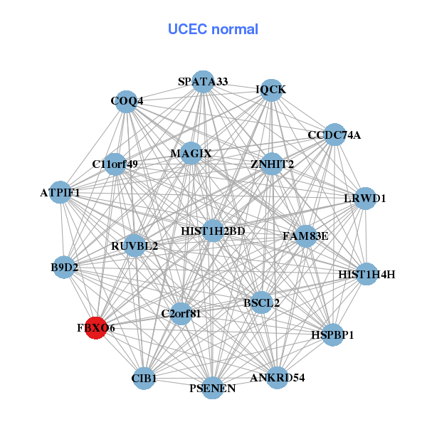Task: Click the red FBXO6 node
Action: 95,328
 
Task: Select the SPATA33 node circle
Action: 203,83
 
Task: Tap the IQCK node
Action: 270,90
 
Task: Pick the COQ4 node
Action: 126,101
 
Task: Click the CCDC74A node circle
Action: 334,135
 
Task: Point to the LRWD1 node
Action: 364,199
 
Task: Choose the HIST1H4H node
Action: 366,274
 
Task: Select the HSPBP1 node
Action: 332,334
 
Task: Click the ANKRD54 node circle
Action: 277,377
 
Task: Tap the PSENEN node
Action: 212,388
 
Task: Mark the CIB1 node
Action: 144,378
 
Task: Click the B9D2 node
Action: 64,268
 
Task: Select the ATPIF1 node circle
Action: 60,192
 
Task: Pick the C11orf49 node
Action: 115,164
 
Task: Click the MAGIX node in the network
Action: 191,153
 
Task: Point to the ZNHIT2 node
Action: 272,164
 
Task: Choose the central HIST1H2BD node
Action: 213,231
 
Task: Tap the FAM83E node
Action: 305,236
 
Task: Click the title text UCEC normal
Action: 213,29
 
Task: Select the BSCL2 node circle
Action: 261,302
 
